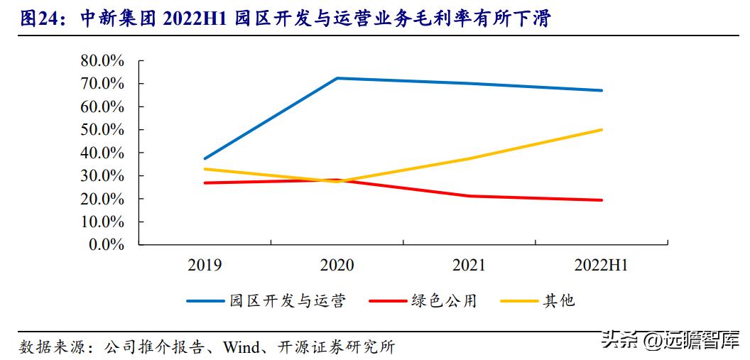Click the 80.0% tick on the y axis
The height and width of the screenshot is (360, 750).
[102, 61]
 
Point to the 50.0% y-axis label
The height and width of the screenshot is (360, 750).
[102, 130]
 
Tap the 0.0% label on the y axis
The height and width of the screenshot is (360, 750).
[106, 245]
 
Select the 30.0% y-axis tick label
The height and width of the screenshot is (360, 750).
[102, 176]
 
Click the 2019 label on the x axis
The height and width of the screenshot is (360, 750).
[205, 266]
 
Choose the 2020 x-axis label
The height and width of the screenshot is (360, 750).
[337, 266]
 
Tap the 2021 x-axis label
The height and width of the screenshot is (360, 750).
[469, 266]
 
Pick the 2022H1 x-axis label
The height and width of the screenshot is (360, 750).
[601, 266]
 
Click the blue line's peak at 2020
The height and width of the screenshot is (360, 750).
[337, 78]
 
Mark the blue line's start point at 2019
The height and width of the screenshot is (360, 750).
[205, 158]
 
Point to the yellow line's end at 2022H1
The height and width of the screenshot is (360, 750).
[602, 130]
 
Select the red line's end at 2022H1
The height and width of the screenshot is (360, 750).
[602, 200]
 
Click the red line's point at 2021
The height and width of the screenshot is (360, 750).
[469, 196]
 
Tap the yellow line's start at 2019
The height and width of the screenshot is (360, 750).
[205, 169]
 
